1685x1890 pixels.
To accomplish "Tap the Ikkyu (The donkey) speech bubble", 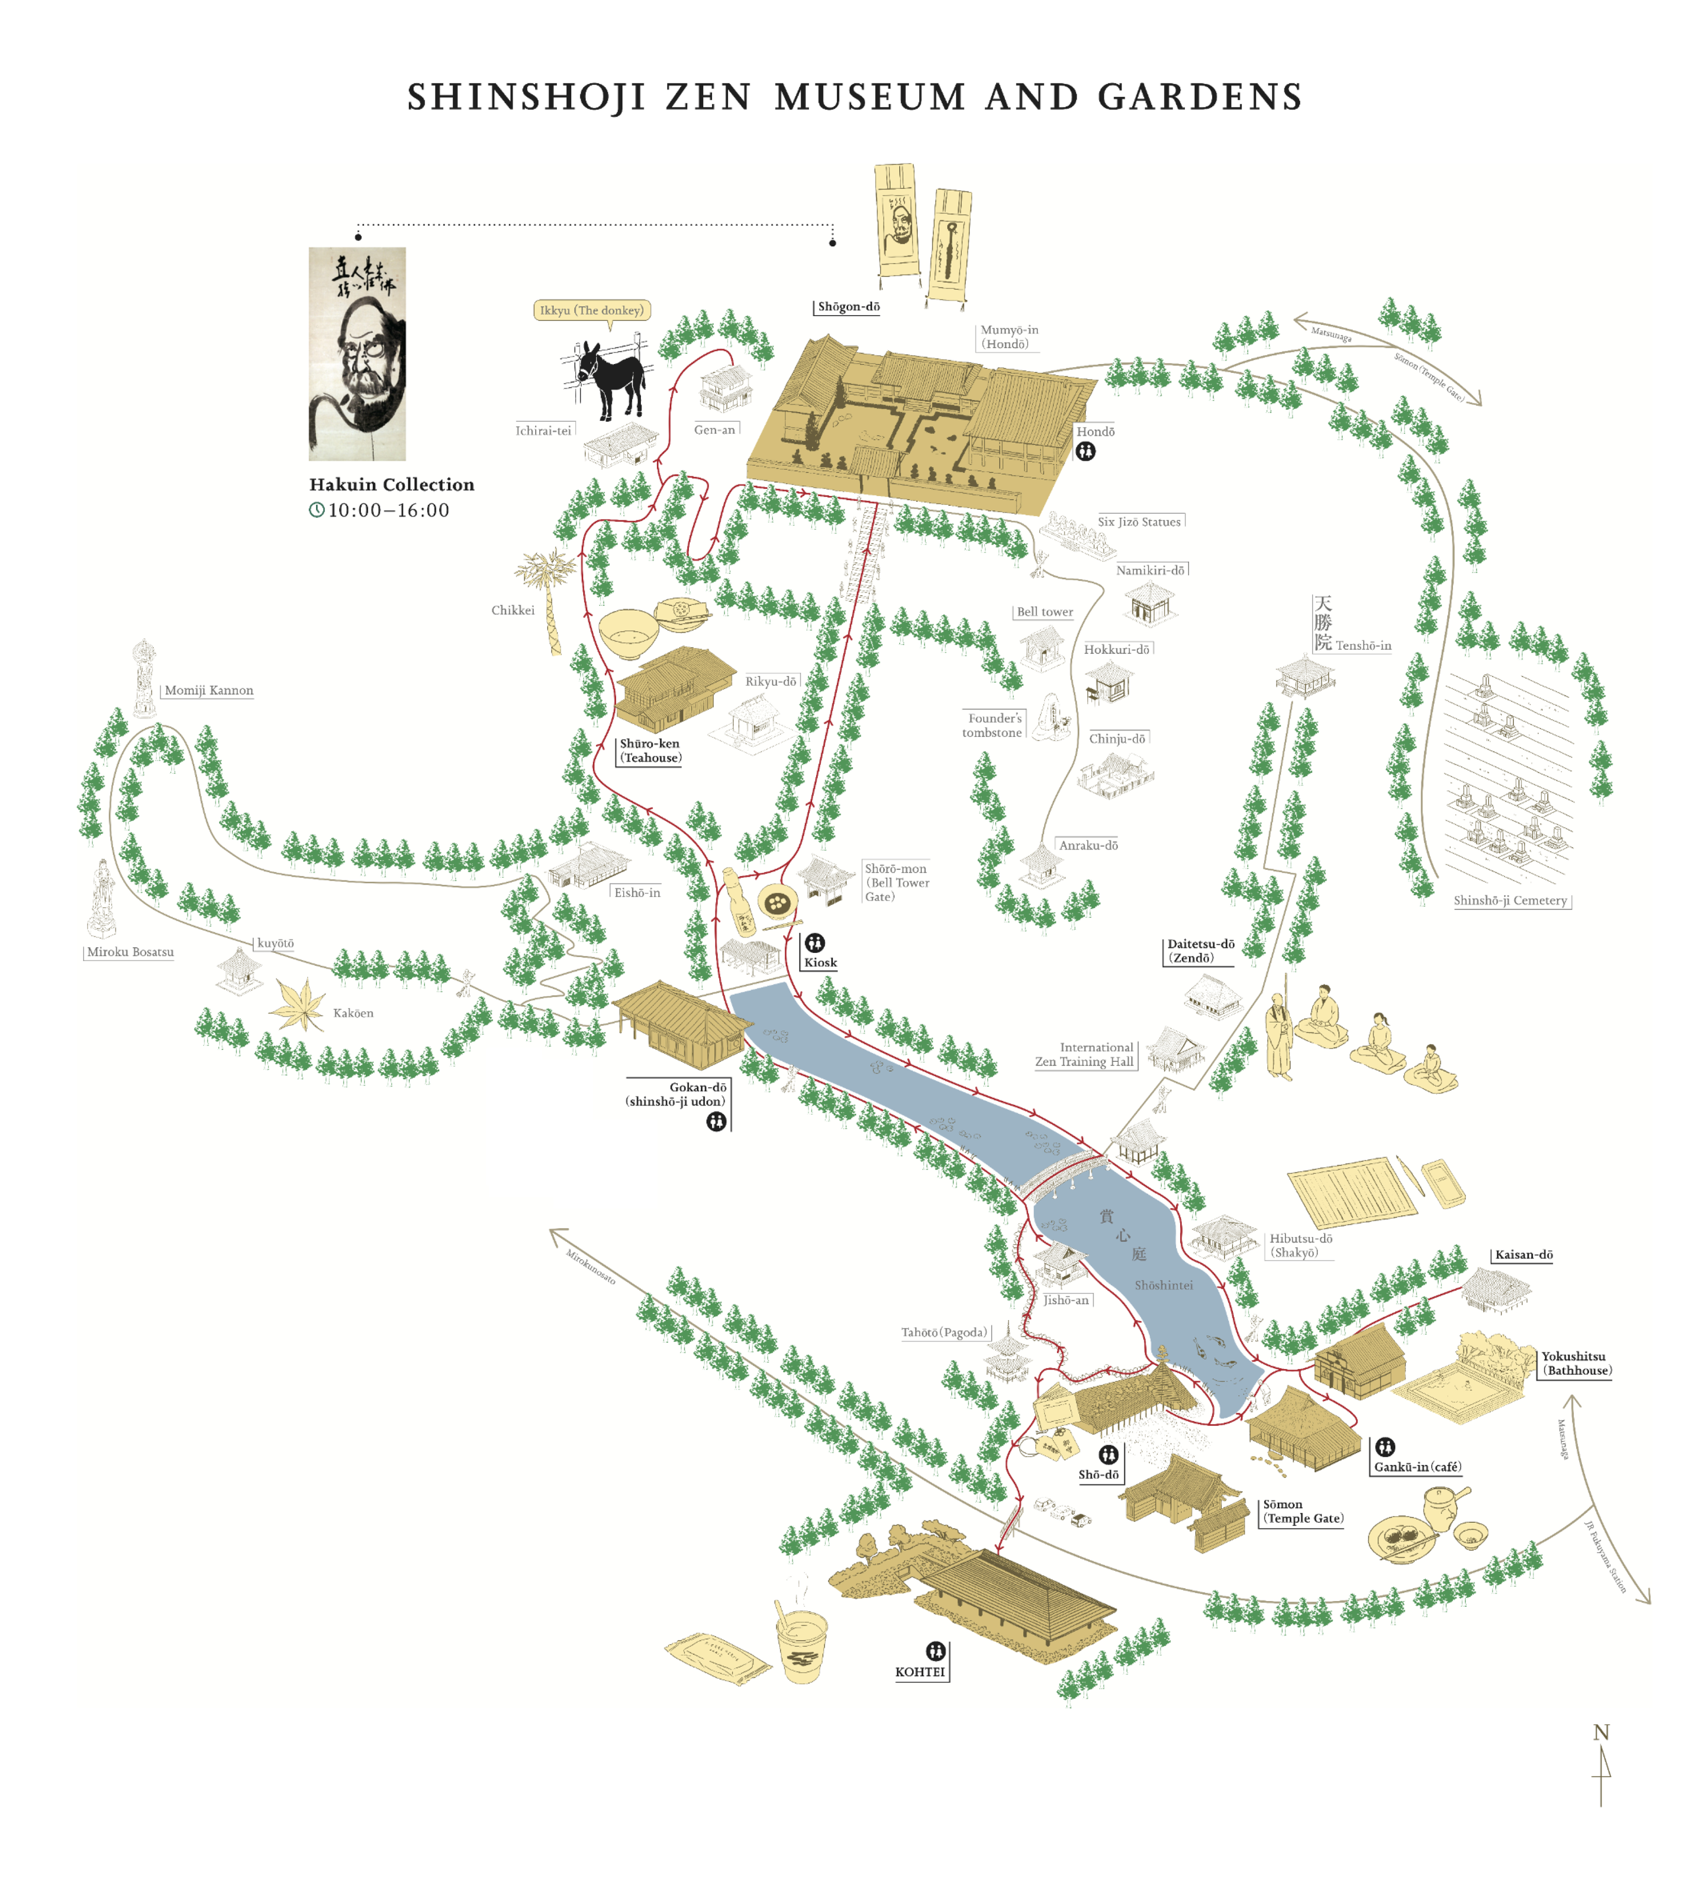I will tap(592, 310).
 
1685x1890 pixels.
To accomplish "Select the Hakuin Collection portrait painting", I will tap(357, 354).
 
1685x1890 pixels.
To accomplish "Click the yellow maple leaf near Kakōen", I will tap(298, 1005).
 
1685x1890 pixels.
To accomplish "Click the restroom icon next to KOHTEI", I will tap(936, 1651).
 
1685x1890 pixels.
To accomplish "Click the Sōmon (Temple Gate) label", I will tap(1303, 1511).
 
